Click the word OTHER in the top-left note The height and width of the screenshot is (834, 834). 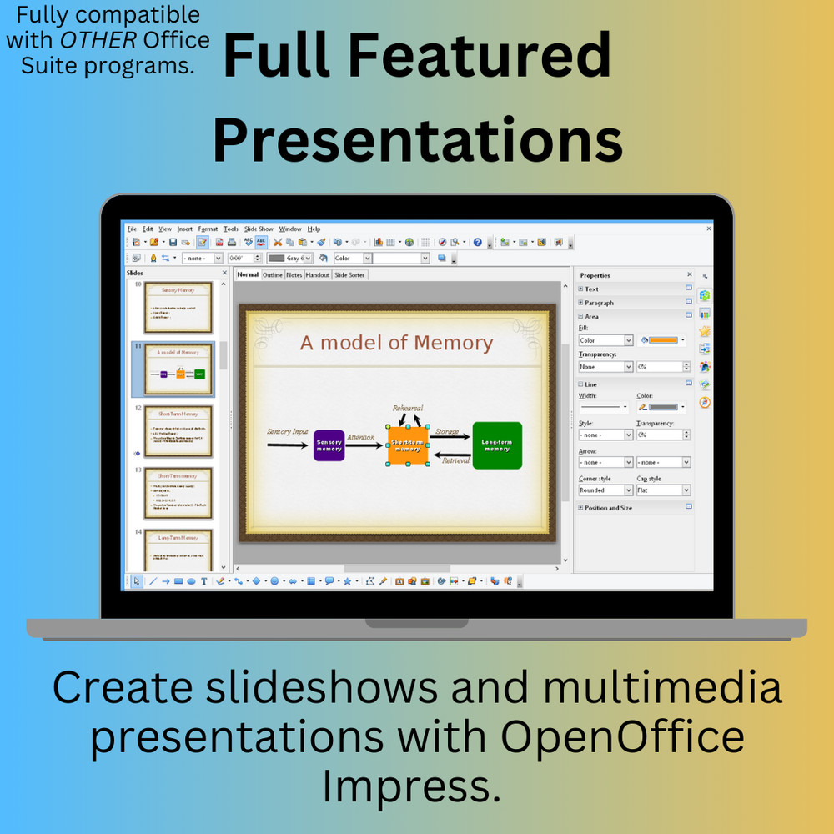point(86,40)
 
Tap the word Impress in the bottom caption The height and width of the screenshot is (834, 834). point(412,786)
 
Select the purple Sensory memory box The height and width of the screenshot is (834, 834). point(329,445)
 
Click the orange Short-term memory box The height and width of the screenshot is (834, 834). point(407,445)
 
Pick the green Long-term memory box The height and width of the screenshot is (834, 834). point(497,445)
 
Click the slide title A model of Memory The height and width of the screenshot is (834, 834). point(396,343)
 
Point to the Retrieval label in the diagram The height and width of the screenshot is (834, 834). point(455,460)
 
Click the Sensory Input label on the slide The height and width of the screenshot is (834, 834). point(288,431)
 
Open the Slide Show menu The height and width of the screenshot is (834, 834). point(259,229)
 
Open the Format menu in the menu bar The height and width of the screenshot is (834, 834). point(208,229)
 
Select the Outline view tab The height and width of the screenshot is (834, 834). point(273,274)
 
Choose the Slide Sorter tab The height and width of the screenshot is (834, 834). point(349,274)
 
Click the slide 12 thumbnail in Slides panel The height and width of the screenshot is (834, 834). point(178,430)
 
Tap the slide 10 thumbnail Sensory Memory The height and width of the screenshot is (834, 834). point(178,307)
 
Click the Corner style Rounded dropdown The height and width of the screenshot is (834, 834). point(605,490)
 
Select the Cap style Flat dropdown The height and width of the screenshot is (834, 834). point(663,490)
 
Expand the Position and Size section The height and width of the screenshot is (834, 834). point(607,507)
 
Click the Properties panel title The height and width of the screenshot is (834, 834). point(595,275)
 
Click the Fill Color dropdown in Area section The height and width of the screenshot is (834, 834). point(605,340)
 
